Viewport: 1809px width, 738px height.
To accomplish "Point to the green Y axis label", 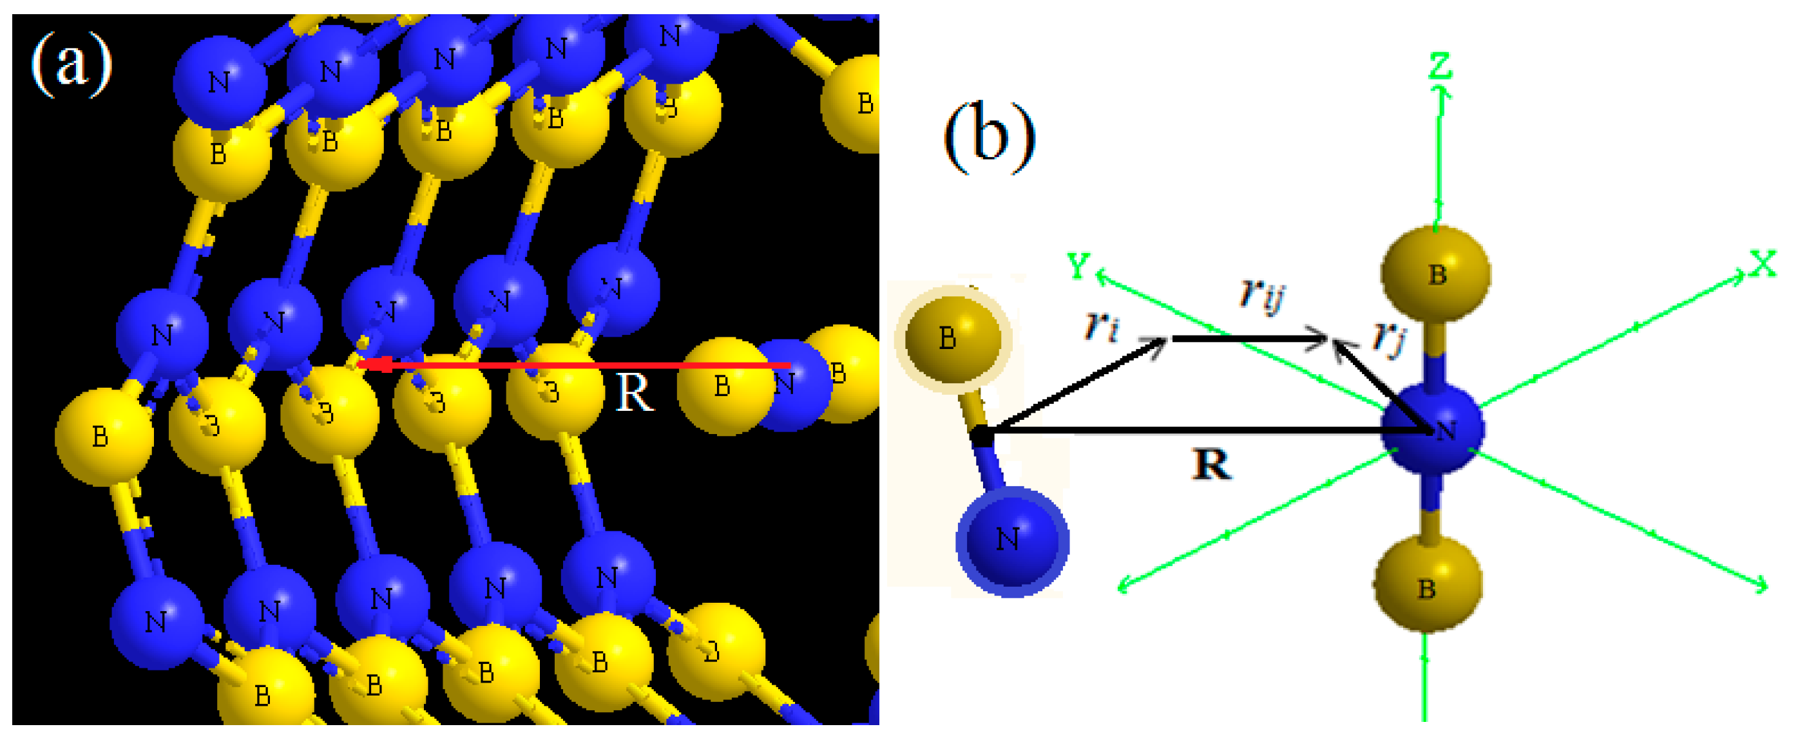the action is point(1078,265).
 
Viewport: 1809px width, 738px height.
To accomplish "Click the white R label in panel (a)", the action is point(633,393).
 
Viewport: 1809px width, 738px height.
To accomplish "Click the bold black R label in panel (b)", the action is point(1211,465).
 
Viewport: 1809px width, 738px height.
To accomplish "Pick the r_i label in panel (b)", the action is point(1100,325).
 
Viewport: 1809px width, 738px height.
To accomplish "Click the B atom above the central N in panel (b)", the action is point(1435,274).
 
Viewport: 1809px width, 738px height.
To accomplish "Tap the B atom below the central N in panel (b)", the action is point(1427,584).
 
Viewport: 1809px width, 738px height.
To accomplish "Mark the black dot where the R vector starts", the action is point(982,437).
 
